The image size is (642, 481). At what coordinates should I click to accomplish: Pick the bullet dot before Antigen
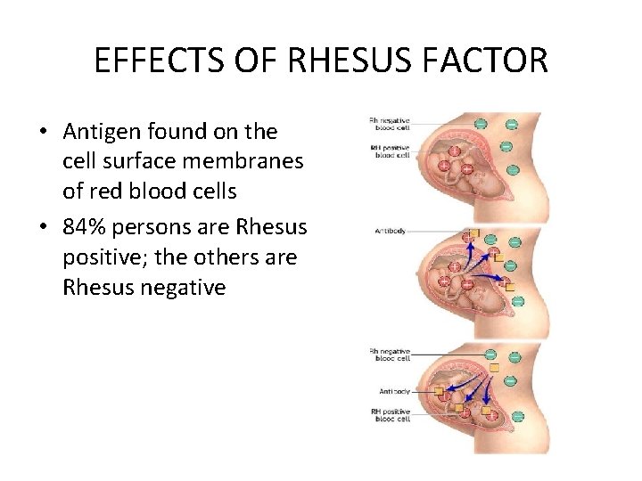click(x=42, y=133)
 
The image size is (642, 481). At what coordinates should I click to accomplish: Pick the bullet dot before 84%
click(x=42, y=227)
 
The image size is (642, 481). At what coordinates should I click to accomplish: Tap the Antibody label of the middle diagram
click(x=390, y=232)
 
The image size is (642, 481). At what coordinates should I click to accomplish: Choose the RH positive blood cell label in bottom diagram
click(x=391, y=414)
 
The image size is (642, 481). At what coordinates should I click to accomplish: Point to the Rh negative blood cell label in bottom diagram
click(x=390, y=355)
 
